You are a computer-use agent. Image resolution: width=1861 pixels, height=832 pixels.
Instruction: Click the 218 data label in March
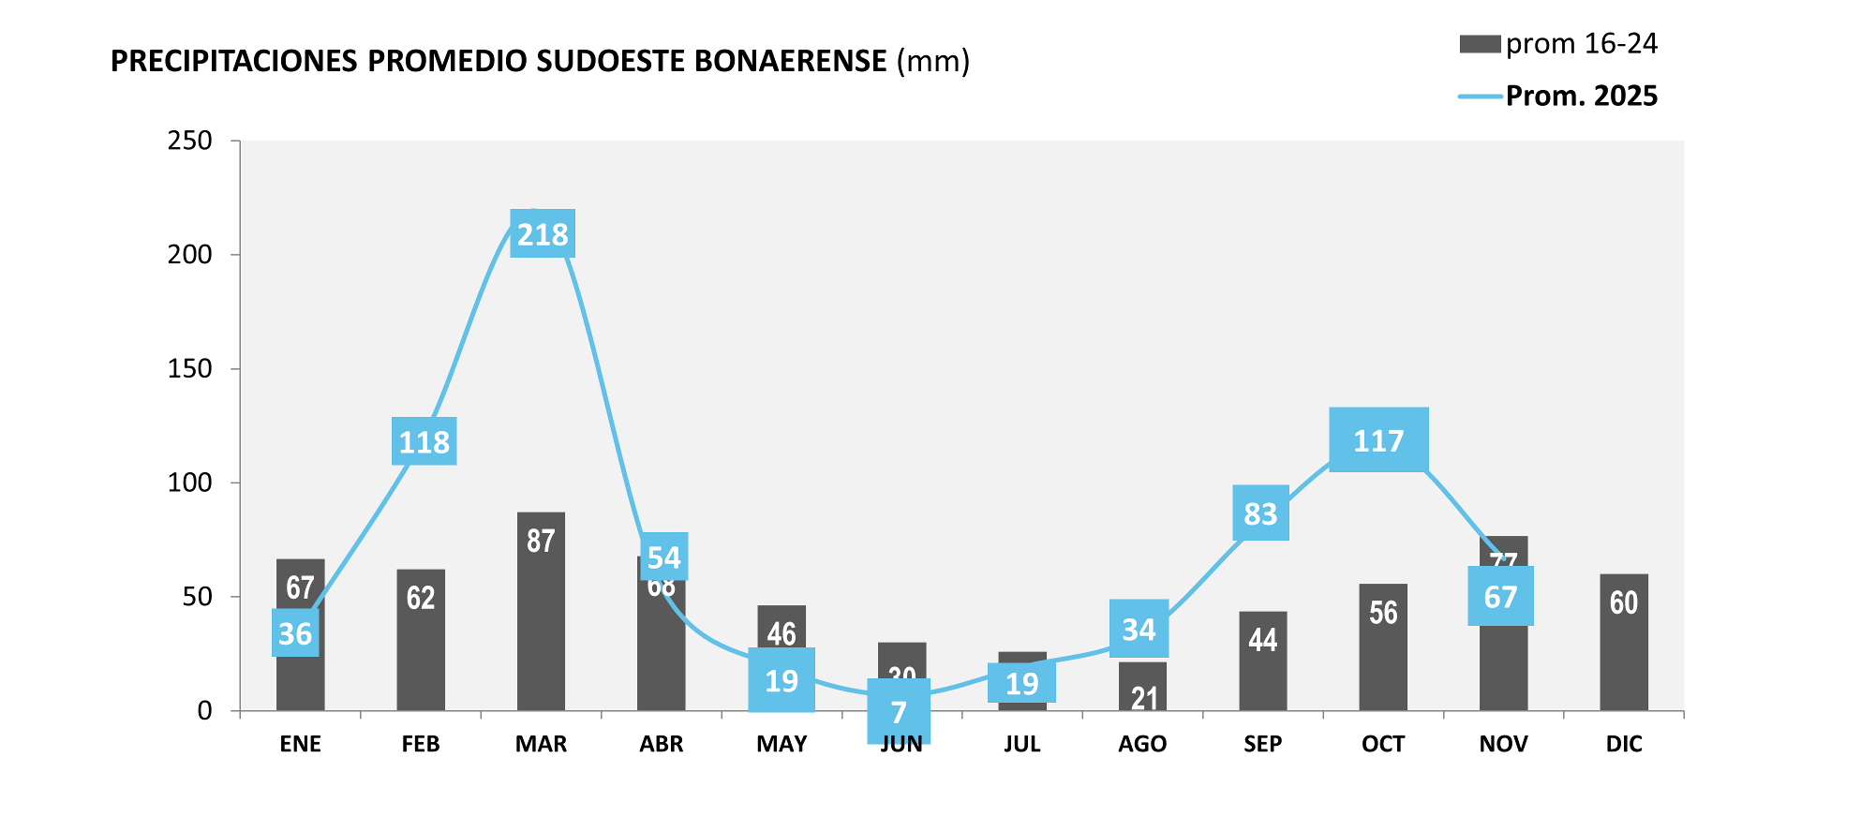pos(543,233)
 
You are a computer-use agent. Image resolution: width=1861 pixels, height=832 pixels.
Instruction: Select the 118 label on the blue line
pos(424,441)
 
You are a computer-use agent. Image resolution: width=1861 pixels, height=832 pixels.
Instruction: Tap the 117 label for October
pos(1378,440)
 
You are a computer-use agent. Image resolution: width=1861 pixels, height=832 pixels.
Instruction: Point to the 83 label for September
pos(1260,513)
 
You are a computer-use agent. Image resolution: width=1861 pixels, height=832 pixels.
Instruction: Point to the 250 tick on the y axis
pos(190,141)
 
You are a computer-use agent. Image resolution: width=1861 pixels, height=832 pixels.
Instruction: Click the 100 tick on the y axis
pos(190,483)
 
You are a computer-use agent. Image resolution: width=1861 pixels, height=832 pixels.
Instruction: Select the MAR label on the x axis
pos(541,744)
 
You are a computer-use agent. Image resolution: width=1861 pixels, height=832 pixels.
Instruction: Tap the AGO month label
pos(1142,744)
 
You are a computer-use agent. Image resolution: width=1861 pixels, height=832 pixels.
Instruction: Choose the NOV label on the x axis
pos(1503,744)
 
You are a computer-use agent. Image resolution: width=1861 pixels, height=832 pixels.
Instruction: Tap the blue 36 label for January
pos(295,633)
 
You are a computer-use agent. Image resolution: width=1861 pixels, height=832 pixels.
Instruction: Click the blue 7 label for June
pos(899,712)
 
